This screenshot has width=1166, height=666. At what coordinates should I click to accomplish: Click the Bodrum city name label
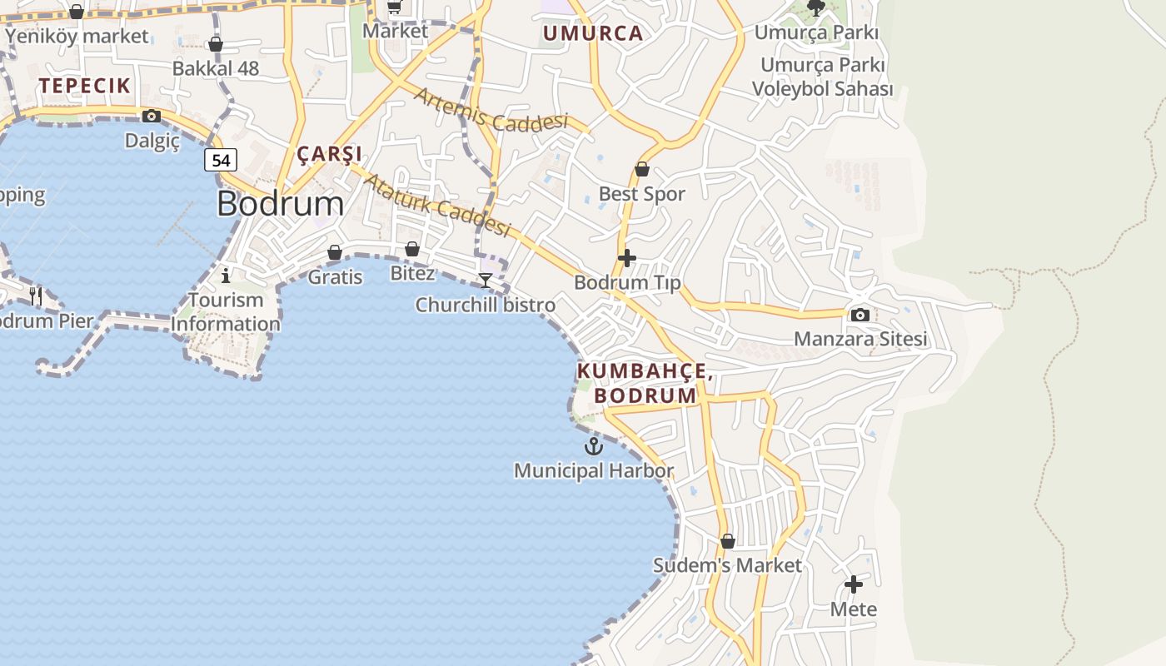click(x=280, y=204)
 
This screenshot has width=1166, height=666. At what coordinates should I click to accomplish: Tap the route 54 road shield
click(x=221, y=159)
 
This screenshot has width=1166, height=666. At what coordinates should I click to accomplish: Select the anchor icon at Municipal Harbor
click(x=593, y=446)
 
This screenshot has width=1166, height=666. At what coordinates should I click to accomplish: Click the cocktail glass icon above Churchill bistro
click(x=486, y=280)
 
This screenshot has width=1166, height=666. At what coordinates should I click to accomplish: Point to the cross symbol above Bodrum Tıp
click(x=627, y=258)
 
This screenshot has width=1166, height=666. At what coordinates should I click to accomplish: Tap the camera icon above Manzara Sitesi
click(x=860, y=315)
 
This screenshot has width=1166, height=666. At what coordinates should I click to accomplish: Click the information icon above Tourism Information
click(x=225, y=275)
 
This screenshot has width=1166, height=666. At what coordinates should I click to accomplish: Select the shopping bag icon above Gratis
click(x=335, y=251)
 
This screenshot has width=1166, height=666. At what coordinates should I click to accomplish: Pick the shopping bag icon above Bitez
click(x=411, y=249)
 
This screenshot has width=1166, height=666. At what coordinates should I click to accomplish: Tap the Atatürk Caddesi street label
click(x=436, y=204)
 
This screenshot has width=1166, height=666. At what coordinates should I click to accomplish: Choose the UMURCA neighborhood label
click(x=593, y=33)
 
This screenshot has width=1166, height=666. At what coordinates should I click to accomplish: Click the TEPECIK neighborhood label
click(x=84, y=85)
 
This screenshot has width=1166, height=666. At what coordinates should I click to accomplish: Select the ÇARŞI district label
click(x=330, y=154)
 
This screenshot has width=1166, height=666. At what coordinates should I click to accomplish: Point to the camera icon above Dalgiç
click(x=152, y=116)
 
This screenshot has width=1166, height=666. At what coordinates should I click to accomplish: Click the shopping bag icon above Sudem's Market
click(x=727, y=541)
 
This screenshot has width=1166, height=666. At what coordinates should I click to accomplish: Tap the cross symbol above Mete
click(x=854, y=584)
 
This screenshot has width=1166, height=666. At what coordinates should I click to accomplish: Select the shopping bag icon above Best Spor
click(x=642, y=170)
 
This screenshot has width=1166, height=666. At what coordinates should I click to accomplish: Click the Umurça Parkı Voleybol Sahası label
click(x=822, y=77)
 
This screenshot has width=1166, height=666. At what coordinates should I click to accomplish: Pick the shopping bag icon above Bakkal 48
click(x=216, y=44)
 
